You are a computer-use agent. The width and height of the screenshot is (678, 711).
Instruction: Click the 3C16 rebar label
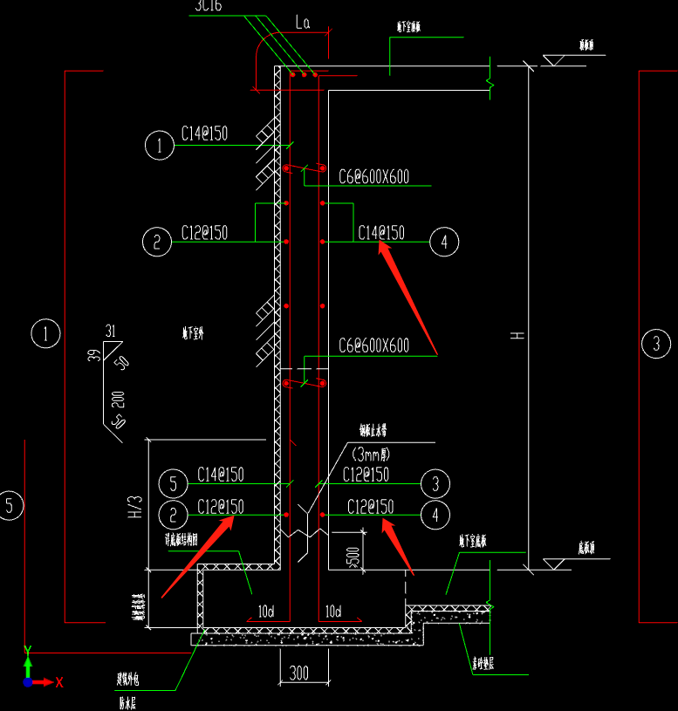tap(208, 7)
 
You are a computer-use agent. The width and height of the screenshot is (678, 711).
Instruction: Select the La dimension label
tap(302, 24)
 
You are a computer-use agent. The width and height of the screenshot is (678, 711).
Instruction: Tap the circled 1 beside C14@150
tap(160, 145)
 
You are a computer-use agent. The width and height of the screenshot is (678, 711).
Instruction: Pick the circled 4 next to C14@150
tap(444, 242)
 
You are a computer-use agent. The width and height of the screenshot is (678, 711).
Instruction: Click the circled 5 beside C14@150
tap(175, 483)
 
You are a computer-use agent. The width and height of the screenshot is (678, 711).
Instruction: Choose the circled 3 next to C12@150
tap(435, 483)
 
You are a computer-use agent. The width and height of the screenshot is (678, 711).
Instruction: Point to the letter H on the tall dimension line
tap(517, 335)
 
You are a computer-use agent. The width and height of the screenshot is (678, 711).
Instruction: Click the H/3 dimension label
tap(134, 507)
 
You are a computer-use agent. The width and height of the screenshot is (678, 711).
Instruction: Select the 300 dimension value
tap(299, 673)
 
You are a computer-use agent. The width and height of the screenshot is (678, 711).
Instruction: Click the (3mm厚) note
tap(372, 455)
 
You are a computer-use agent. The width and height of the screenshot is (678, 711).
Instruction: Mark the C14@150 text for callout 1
tap(204, 133)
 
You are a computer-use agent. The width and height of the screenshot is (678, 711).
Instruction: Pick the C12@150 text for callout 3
tap(366, 475)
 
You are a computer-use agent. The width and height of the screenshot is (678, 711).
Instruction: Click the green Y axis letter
tap(28, 650)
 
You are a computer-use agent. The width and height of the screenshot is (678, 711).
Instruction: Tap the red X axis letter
tap(59, 682)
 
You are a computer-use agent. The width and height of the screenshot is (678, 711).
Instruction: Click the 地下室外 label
tap(193, 332)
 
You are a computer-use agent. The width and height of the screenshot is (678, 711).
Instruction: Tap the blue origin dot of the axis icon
tap(28, 681)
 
